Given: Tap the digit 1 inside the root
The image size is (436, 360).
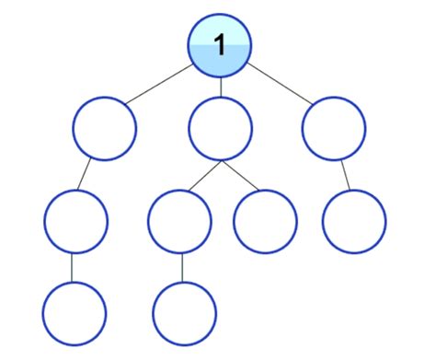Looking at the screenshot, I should tap(220, 42).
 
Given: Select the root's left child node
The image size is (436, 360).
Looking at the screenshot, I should tap(105, 129).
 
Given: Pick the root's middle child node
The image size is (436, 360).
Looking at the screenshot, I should tap(221, 129).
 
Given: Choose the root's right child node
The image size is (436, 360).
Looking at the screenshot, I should tap(333, 129).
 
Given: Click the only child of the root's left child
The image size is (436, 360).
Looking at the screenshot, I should tap(75, 221).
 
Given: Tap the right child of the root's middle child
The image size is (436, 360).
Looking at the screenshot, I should tap(266, 221).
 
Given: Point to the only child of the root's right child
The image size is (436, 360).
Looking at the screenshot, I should tap(355, 221).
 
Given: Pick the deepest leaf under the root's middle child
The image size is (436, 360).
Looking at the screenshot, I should tap(184, 313).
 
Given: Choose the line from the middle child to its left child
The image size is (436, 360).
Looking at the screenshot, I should tap(203, 175).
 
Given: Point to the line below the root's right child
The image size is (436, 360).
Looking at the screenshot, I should tap(345, 175).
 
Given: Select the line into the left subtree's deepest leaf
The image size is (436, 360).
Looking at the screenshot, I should tap(74, 267).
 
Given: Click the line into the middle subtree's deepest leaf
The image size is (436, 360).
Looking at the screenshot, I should tap(182, 267).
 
